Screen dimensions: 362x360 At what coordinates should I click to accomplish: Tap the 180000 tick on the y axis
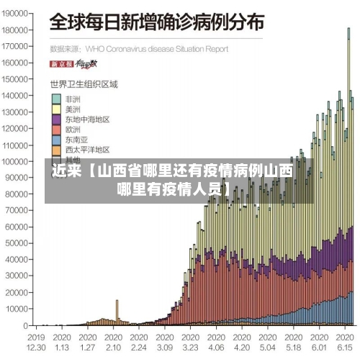click(16, 30)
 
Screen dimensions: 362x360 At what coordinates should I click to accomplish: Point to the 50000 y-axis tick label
click(17, 243)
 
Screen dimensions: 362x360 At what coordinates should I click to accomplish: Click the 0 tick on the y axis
click(24, 325)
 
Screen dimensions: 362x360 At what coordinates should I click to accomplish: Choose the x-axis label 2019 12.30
click(36, 341)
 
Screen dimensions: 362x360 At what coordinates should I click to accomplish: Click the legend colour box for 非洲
click(55, 99)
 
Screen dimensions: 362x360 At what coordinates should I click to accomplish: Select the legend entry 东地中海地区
click(87, 119)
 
